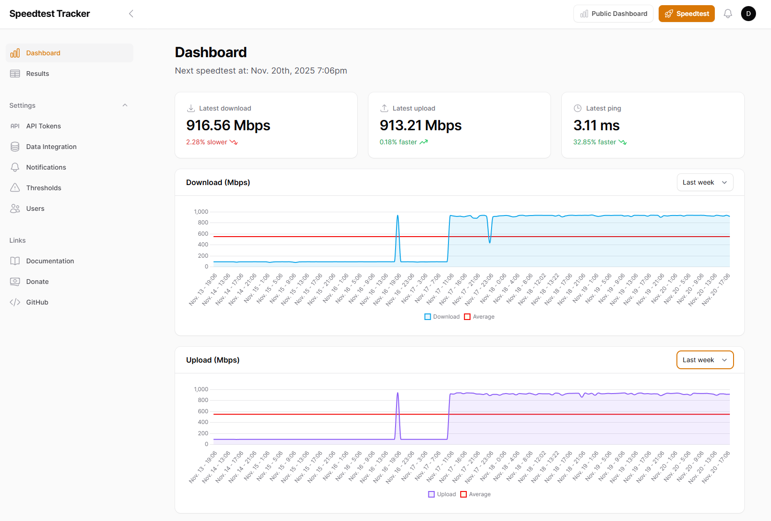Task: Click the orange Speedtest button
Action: (x=686, y=14)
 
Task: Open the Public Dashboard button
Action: (x=613, y=14)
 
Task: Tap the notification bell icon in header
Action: (x=727, y=14)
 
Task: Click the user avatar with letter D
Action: (x=748, y=14)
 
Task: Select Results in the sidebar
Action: (x=37, y=74)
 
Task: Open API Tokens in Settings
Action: (x=43, y=126)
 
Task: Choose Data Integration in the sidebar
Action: (x=51, y=147)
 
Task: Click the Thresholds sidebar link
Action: (x=44, y=188)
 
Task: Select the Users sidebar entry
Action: (x=35, y=208)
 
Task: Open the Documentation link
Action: (x=50, y=261)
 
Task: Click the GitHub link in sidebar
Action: (x=37, y=302)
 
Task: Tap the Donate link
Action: (x=37, y=282)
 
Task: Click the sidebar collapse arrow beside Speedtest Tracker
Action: (x=131, y=14)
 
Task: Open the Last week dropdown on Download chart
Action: (x=705, y=182)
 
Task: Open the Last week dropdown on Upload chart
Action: (x=705, y=360)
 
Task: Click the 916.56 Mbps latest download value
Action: (x=228, y=126)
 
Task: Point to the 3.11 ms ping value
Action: (x=596, y=126)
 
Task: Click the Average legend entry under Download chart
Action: (x=479, y=317)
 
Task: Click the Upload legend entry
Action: (x=442, y=494)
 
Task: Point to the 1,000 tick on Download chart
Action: (x=201, y=212)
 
